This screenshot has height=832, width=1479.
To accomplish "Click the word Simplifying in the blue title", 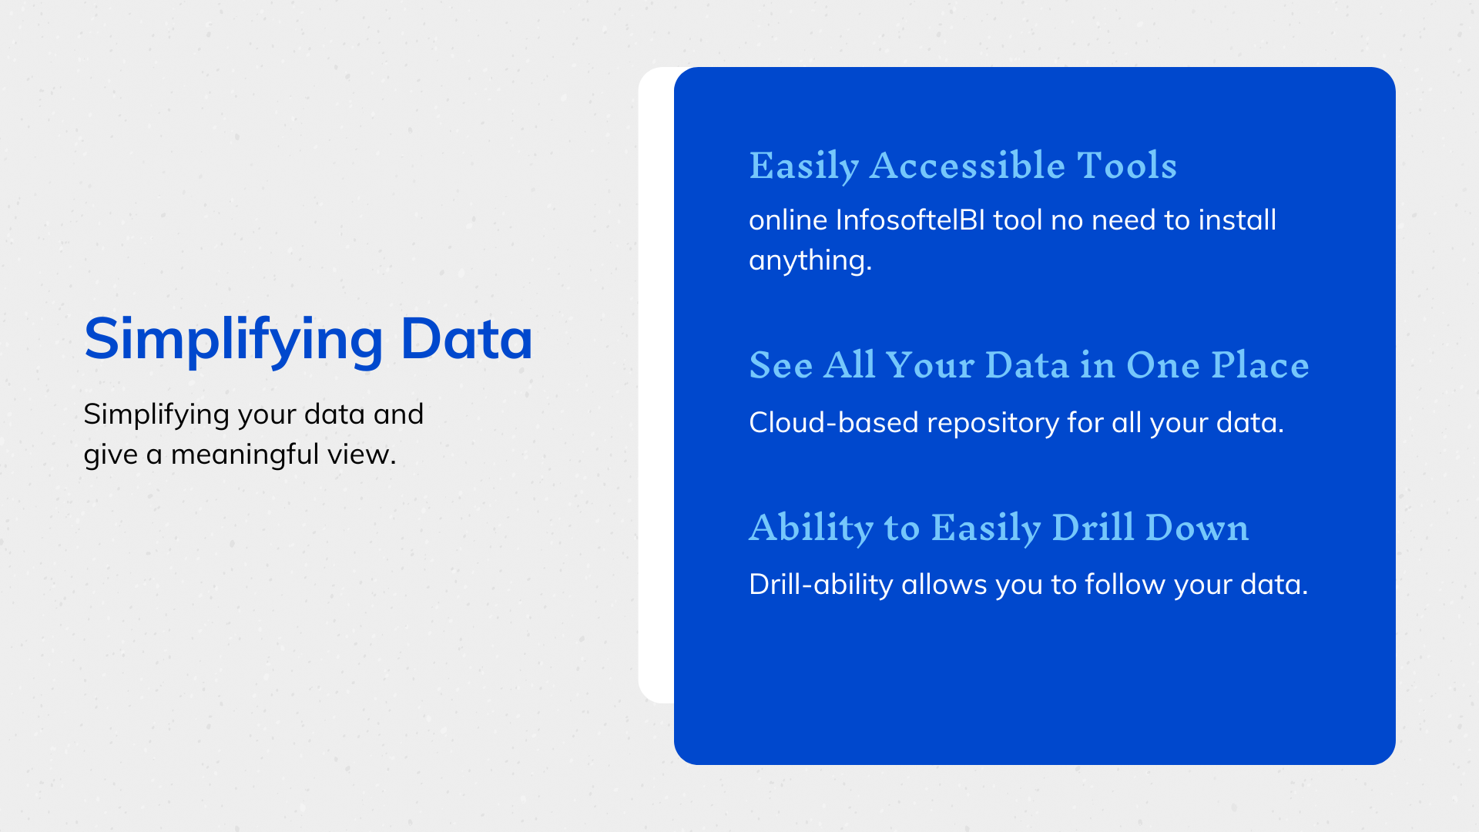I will click(x=233, y=339).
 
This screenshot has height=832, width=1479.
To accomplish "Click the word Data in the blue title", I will click(x=466, y=339).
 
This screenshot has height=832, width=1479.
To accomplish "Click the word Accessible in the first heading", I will click(x=967, y=166).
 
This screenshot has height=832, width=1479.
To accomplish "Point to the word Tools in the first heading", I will click(x=1126, y=166).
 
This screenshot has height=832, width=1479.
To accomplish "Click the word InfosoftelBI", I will click(x=910, y=220).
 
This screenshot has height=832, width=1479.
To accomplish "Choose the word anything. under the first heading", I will click(x=810, y=260).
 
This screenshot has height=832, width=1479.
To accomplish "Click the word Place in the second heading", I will click(x=1259, y=365).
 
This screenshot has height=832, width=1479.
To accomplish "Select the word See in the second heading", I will click(x=780, y=365).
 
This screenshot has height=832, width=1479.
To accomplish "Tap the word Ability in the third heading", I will click(x=811, y=528).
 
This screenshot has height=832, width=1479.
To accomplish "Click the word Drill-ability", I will click(x=820, y=585).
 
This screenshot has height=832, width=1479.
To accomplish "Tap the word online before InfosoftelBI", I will click(x=787, y=220).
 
